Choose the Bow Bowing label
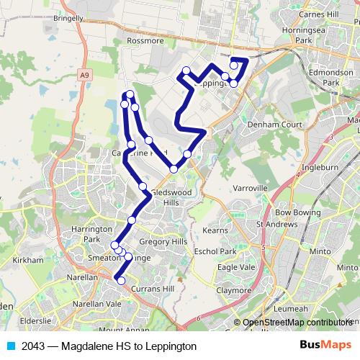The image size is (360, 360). click(x=297, y=213)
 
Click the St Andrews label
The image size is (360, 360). click(x=277, y=225)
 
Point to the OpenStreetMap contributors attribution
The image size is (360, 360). click(x=297, y=323)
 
